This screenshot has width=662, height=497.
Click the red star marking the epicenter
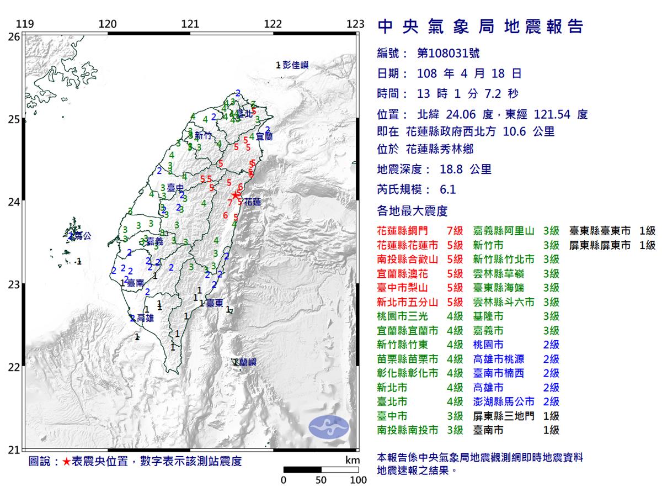click(235, 194)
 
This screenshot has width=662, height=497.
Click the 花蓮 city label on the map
click(252, 202)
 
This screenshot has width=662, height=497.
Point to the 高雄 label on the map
click(145, 318)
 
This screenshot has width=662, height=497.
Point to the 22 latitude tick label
click(14, 367)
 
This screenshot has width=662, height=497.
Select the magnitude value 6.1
click(448, 190)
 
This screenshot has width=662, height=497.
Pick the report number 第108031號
click(448, 54)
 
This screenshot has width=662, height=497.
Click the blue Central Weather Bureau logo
click(329, 427)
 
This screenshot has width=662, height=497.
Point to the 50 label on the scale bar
click(321, 480)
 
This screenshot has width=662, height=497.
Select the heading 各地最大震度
click(412, 211)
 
